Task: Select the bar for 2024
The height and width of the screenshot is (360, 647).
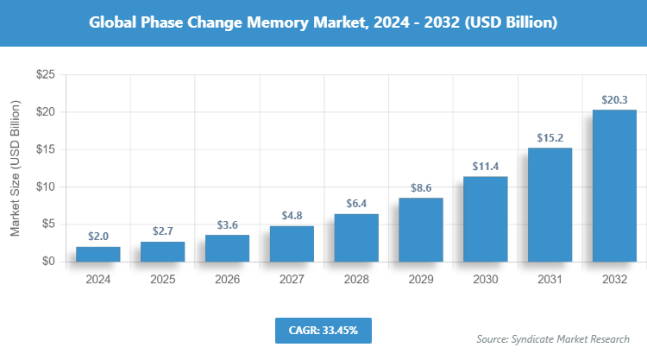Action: coord(97,254)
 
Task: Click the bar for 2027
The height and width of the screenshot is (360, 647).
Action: coord(292,243)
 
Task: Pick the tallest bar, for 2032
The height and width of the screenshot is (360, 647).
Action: coord(614,186)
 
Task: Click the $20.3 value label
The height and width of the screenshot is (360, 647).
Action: coord(614,99)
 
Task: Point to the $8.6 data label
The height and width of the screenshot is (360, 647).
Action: coord(421,186)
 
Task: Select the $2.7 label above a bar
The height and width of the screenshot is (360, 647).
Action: coord(162,231)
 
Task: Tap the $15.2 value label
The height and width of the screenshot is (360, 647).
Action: coord(550,137)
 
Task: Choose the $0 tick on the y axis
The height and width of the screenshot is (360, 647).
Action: coord(48,261)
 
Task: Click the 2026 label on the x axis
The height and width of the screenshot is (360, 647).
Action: coord(227,280)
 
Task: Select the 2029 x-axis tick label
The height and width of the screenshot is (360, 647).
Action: coord(421,280)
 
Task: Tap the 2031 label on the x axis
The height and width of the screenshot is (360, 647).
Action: coord(550,280)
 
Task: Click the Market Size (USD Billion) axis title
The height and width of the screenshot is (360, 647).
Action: coord(15,168)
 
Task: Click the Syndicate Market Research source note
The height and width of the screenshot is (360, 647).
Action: coord(553,339)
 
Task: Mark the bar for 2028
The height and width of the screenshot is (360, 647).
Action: coord(356,237)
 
